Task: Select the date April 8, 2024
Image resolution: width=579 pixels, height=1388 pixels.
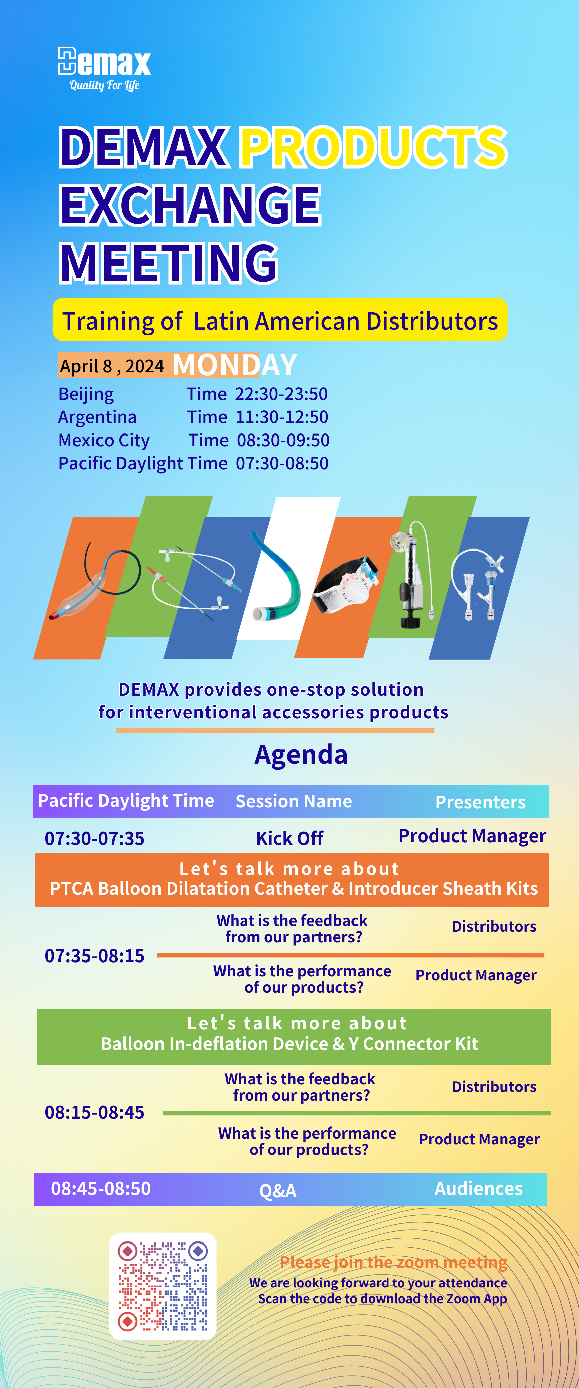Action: coord(112,366)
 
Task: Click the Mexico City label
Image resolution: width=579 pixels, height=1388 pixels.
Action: coord(104,440)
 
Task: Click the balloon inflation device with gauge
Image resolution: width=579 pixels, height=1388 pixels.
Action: coord(412,575)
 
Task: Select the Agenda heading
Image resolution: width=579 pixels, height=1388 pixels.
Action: coord(301,754)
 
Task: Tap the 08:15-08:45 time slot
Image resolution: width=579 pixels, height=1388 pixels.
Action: coord(94,1112)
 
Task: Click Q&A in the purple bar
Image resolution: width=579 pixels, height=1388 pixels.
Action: coord(278,1190)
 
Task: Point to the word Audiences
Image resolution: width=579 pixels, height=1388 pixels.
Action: coord(478,1188)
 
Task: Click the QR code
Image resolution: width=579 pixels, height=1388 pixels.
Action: coord(163,1286)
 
